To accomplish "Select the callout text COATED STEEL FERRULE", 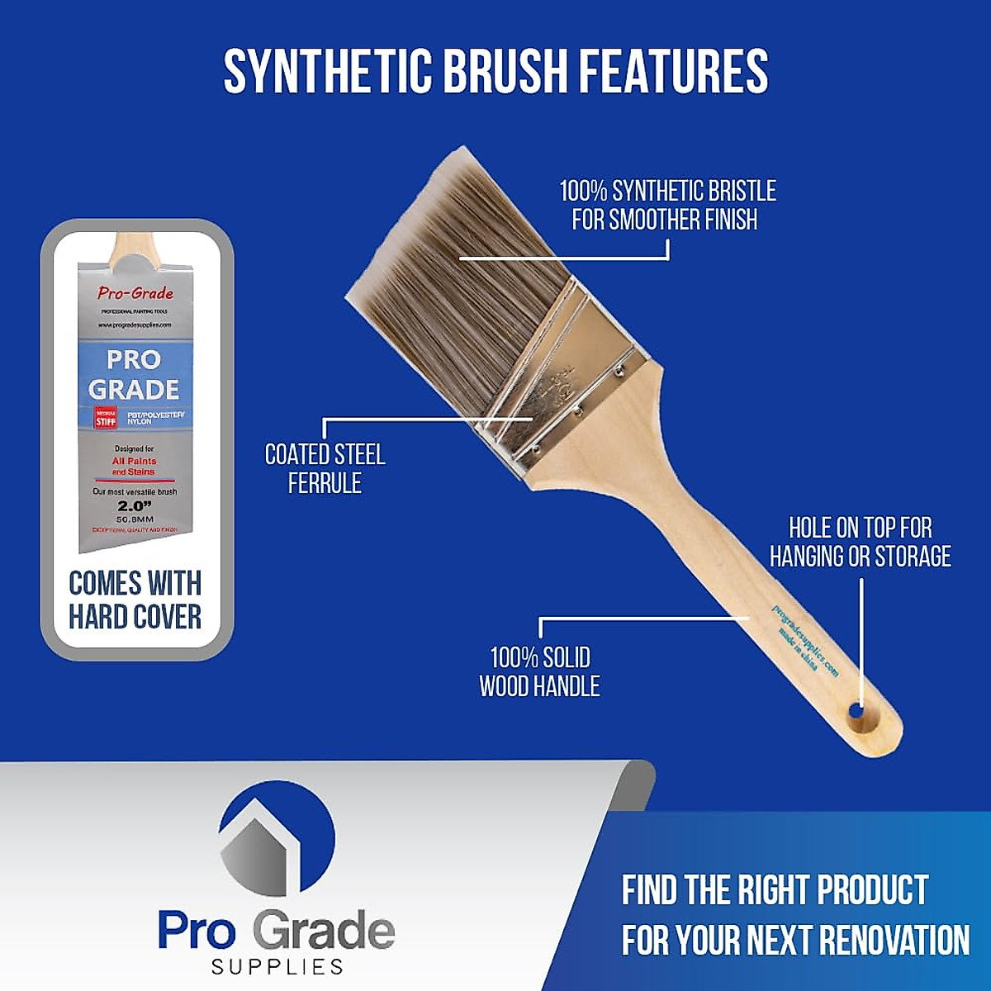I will point(325,468).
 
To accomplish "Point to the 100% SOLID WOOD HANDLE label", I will point(539,671).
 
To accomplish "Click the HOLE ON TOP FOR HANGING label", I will point(860,542).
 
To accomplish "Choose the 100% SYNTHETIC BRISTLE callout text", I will point(667,205).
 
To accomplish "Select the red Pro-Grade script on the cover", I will point(135,292).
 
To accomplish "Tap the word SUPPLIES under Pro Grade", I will point(277,966).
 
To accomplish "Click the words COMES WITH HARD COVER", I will point(135,600).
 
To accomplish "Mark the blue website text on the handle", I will point(805,640).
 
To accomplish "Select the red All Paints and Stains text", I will point(134,467).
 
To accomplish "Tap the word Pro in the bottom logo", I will point(197,930).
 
